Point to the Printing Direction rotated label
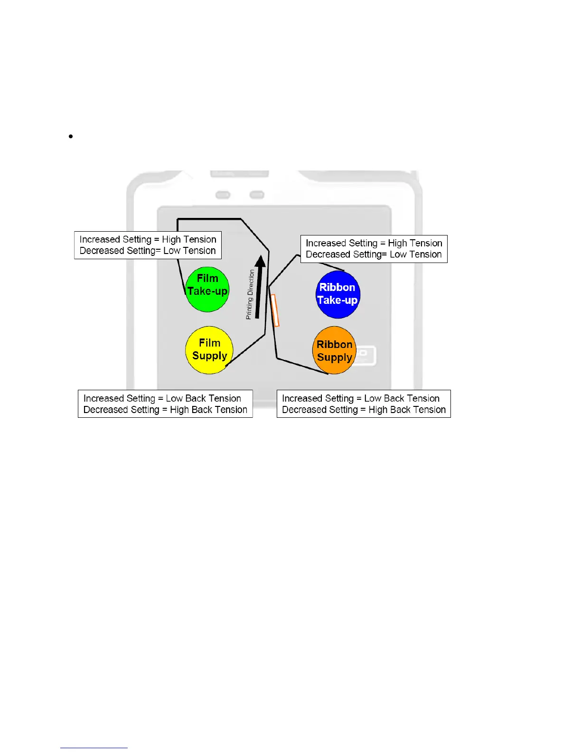[x=250, y=294]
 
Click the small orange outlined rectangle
[x=275, y=310]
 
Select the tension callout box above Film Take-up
[x=148, y=245]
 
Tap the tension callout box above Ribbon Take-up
[x=374, y=249]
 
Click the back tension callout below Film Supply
[x=165, y=404]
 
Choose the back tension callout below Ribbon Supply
[x=364, y=404]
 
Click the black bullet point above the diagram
[x=71, y=136]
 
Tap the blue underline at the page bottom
[x=94, y=748]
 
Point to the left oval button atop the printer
[x=223, y=195]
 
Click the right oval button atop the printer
[x=257, y=195]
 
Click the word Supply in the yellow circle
[x=210, y=356]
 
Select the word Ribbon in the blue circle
[x=337, y=287]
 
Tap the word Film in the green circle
[x=207, y=278]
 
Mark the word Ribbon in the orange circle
[x=334, y=345]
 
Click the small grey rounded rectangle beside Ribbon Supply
[x=366, y=356]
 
